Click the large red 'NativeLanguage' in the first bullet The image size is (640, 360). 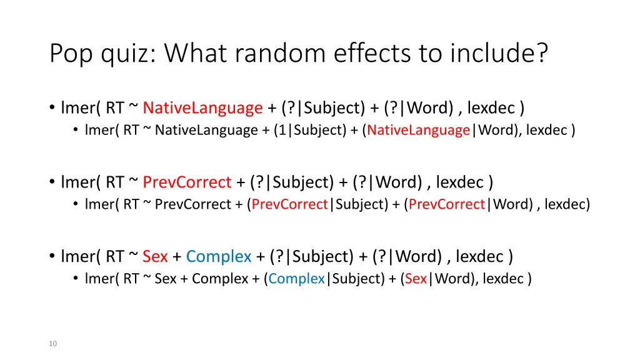[x=202, y=108]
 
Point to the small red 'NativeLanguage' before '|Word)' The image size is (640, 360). [x=419, y=130]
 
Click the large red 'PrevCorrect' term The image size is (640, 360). [x=187, y=182]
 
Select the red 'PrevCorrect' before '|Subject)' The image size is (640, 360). [x=290, y=204]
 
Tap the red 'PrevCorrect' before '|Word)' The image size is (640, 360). [x=447, y=204]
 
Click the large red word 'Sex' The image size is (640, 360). [x=155, y=256]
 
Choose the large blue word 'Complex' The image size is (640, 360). [x=219, y=256]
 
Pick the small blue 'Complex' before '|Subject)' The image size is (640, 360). [x=297, y=278]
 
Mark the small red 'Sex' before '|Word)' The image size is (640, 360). [x=416, y=278]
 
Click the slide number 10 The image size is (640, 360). [x=52, y=343]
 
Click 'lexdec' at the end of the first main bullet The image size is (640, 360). [x=491, y=108]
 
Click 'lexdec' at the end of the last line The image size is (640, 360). [x=503, y=278]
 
